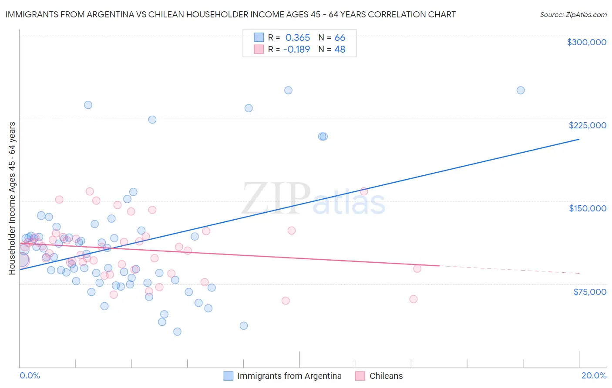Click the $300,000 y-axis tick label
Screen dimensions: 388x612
coord(586,42)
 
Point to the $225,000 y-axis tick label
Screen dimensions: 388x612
coord(587,125)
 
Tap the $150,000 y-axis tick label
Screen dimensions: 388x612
coord(587,208)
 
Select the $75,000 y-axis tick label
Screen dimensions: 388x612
coord(589,292)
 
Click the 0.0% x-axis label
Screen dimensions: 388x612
coord(30,375)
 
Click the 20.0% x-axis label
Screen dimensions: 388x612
coord(594,375)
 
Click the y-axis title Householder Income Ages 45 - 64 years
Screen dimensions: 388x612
coord(12,198)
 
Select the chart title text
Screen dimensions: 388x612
coord(230,14)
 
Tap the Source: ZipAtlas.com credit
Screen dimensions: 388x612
coord(573,15)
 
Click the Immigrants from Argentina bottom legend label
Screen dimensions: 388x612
coord(289,376)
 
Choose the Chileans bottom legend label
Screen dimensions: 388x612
coord(386,376)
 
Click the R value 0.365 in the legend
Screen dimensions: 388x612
coord(298,38)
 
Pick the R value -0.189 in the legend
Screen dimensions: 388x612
coord(296,50)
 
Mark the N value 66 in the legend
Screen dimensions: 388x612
coord(340,38)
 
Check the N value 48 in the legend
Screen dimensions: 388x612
coord(340,50)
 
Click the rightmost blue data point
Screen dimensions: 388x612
coord(520,90)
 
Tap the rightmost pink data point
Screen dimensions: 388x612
coord(417,268)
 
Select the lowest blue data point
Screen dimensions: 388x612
coord(177,332)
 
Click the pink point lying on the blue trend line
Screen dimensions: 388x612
coord(364,191)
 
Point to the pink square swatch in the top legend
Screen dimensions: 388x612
coord(259,49)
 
